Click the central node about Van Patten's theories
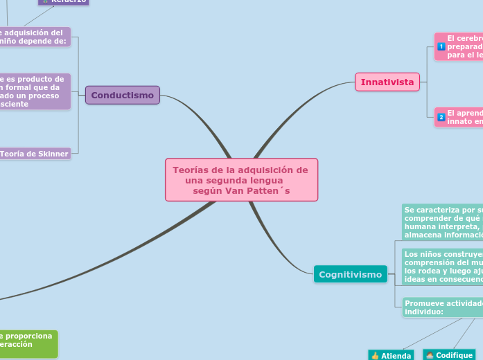click(241, 180)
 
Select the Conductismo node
click(123, 95)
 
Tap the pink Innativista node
click(387, 82)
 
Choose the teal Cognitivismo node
click(351, 275)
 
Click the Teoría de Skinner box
click(34, 154)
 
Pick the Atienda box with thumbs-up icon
click(391, 355)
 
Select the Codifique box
click(449, 354)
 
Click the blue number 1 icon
click(441, 46)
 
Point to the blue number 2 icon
click(441, 117)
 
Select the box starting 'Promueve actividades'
click(442, 307)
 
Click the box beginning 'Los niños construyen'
click(442, 267)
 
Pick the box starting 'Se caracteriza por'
click(442, 222)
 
